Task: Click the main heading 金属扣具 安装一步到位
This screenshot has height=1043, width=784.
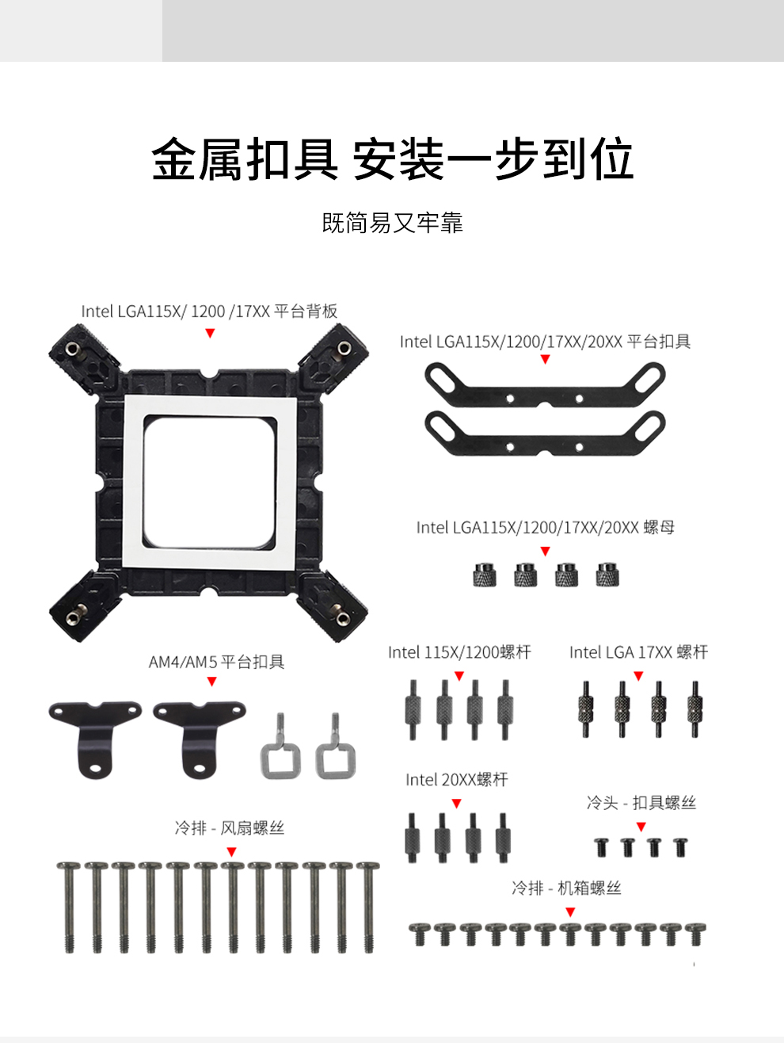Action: click(393, 159)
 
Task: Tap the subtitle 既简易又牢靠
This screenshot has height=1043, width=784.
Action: click(393, 223)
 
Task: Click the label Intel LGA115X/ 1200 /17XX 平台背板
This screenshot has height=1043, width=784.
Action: click(209, 311)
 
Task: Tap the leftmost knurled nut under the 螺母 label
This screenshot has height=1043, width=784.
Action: click(485, 574)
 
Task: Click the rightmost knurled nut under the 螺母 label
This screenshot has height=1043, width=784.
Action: click(607, 574)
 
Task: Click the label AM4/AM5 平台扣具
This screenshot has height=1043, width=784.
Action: click(216, 662)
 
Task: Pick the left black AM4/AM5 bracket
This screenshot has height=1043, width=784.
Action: click(95, 737)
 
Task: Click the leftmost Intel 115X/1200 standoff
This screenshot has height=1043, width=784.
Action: click(413, 709)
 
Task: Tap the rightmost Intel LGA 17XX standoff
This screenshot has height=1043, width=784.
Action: click(695, 709)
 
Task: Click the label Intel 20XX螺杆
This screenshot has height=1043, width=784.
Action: click(457, 780)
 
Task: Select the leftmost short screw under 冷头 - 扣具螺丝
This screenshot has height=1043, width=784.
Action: click(602, 847)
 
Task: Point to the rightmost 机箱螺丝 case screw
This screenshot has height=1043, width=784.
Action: click(696, 934)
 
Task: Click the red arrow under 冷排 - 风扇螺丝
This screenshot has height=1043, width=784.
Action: click(231, 851)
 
